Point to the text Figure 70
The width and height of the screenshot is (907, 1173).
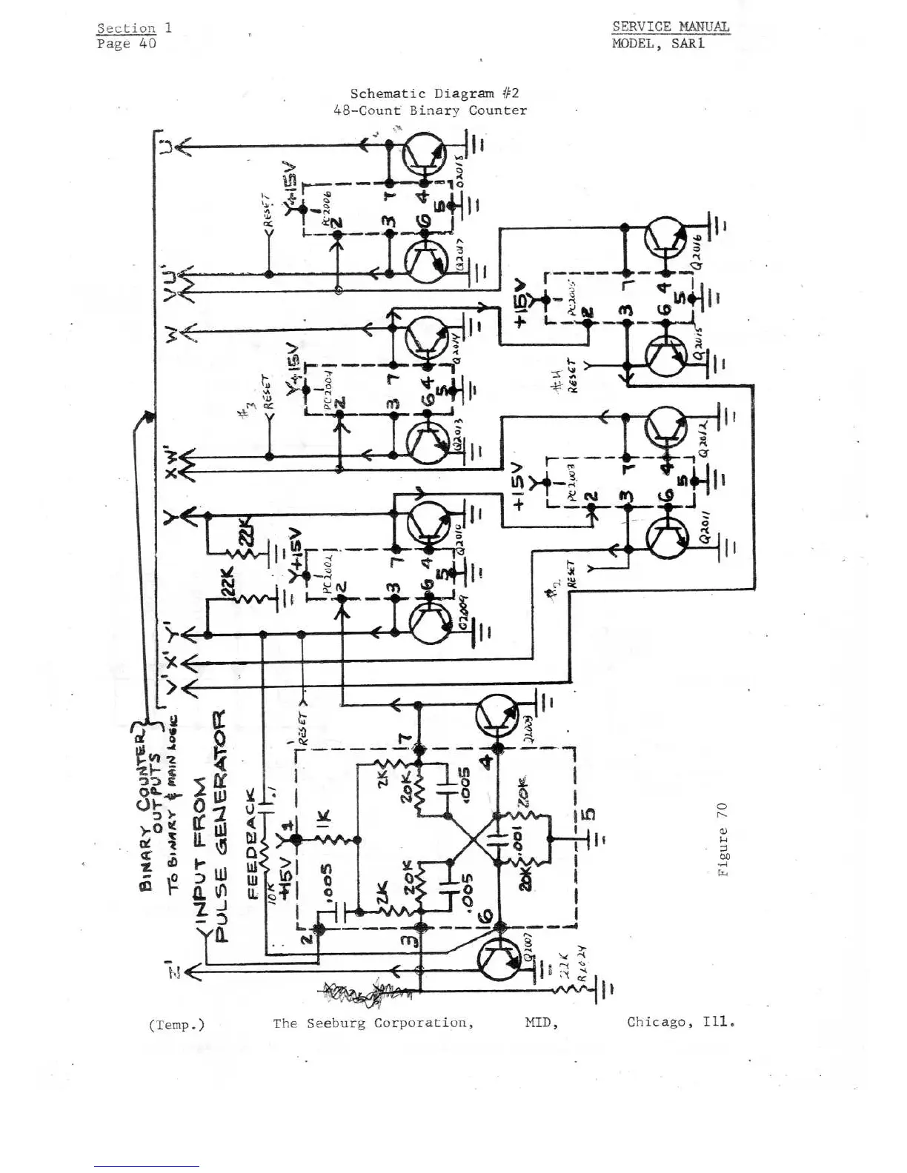click(722, 839)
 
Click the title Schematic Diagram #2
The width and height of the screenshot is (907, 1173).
click(434, 93)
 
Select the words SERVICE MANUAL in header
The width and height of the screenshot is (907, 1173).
click(670, 27)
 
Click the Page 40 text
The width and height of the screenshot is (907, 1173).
click(126, 44)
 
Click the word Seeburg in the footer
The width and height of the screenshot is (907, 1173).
click(337, 1023)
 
